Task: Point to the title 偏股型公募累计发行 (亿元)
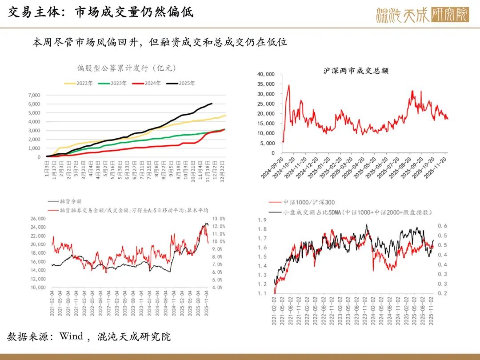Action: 127,68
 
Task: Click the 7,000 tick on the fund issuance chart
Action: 34,95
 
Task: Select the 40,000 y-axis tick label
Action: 266,74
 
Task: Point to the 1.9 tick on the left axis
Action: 262,220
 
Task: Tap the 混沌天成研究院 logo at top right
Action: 422,15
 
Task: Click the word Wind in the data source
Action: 71,336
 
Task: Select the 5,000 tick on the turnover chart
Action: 268,143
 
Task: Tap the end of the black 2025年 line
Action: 212,104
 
